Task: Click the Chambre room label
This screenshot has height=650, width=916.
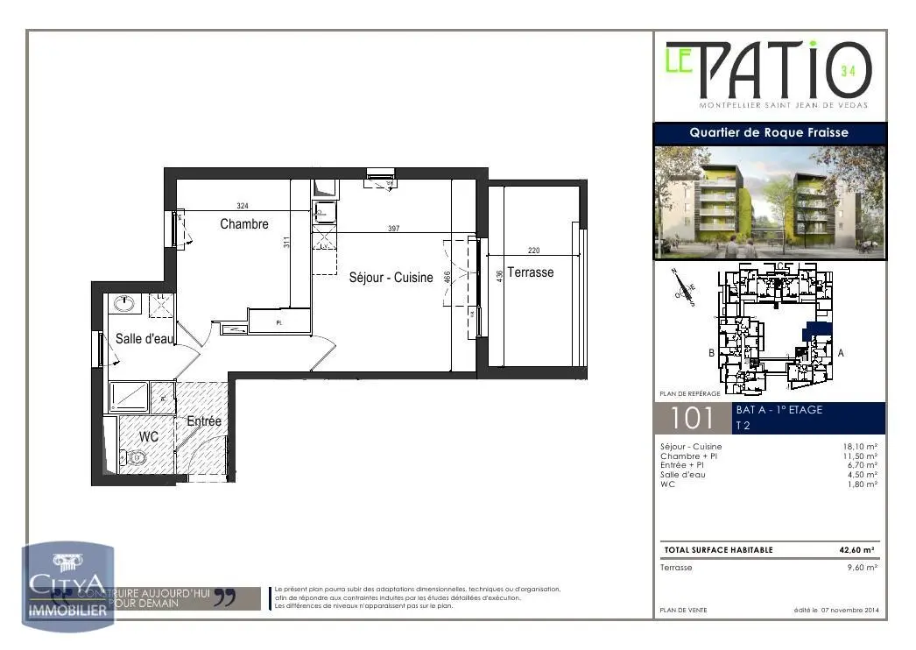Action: (x=244, y=224)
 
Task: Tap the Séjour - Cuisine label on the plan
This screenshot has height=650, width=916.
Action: (x=391, y=278)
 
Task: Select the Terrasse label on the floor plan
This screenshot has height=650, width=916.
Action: (x=531, y=272)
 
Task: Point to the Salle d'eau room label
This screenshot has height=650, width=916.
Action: (x=145, y=338)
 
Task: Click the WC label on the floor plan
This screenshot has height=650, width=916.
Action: (x=148, y=435)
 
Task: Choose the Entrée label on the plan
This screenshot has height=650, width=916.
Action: (x=204, y=421)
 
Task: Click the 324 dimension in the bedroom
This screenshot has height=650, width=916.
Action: (x=243, y=206)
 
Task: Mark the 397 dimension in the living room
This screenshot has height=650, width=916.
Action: (x=393, y=229)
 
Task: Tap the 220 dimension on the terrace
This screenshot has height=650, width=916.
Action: (x=533, y=251)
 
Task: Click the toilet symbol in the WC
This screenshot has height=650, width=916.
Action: (x=134, y=457)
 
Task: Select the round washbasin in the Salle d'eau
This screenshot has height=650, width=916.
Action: (x=125, y=304)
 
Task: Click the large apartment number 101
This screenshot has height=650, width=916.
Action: (x=692, y=419)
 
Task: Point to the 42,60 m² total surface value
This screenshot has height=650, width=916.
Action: (x=856, y=550)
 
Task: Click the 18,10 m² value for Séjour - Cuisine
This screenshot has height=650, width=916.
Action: (x=860, y=447)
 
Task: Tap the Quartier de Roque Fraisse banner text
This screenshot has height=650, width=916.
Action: (x=769, y=133)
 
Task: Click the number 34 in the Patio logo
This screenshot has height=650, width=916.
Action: (x=848, y=71)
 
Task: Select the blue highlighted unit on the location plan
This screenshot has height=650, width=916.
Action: (x=817, y=329)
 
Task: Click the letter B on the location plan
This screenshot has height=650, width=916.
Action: (x=711, y=354)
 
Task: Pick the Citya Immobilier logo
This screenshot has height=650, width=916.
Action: (x=68, y=588)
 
